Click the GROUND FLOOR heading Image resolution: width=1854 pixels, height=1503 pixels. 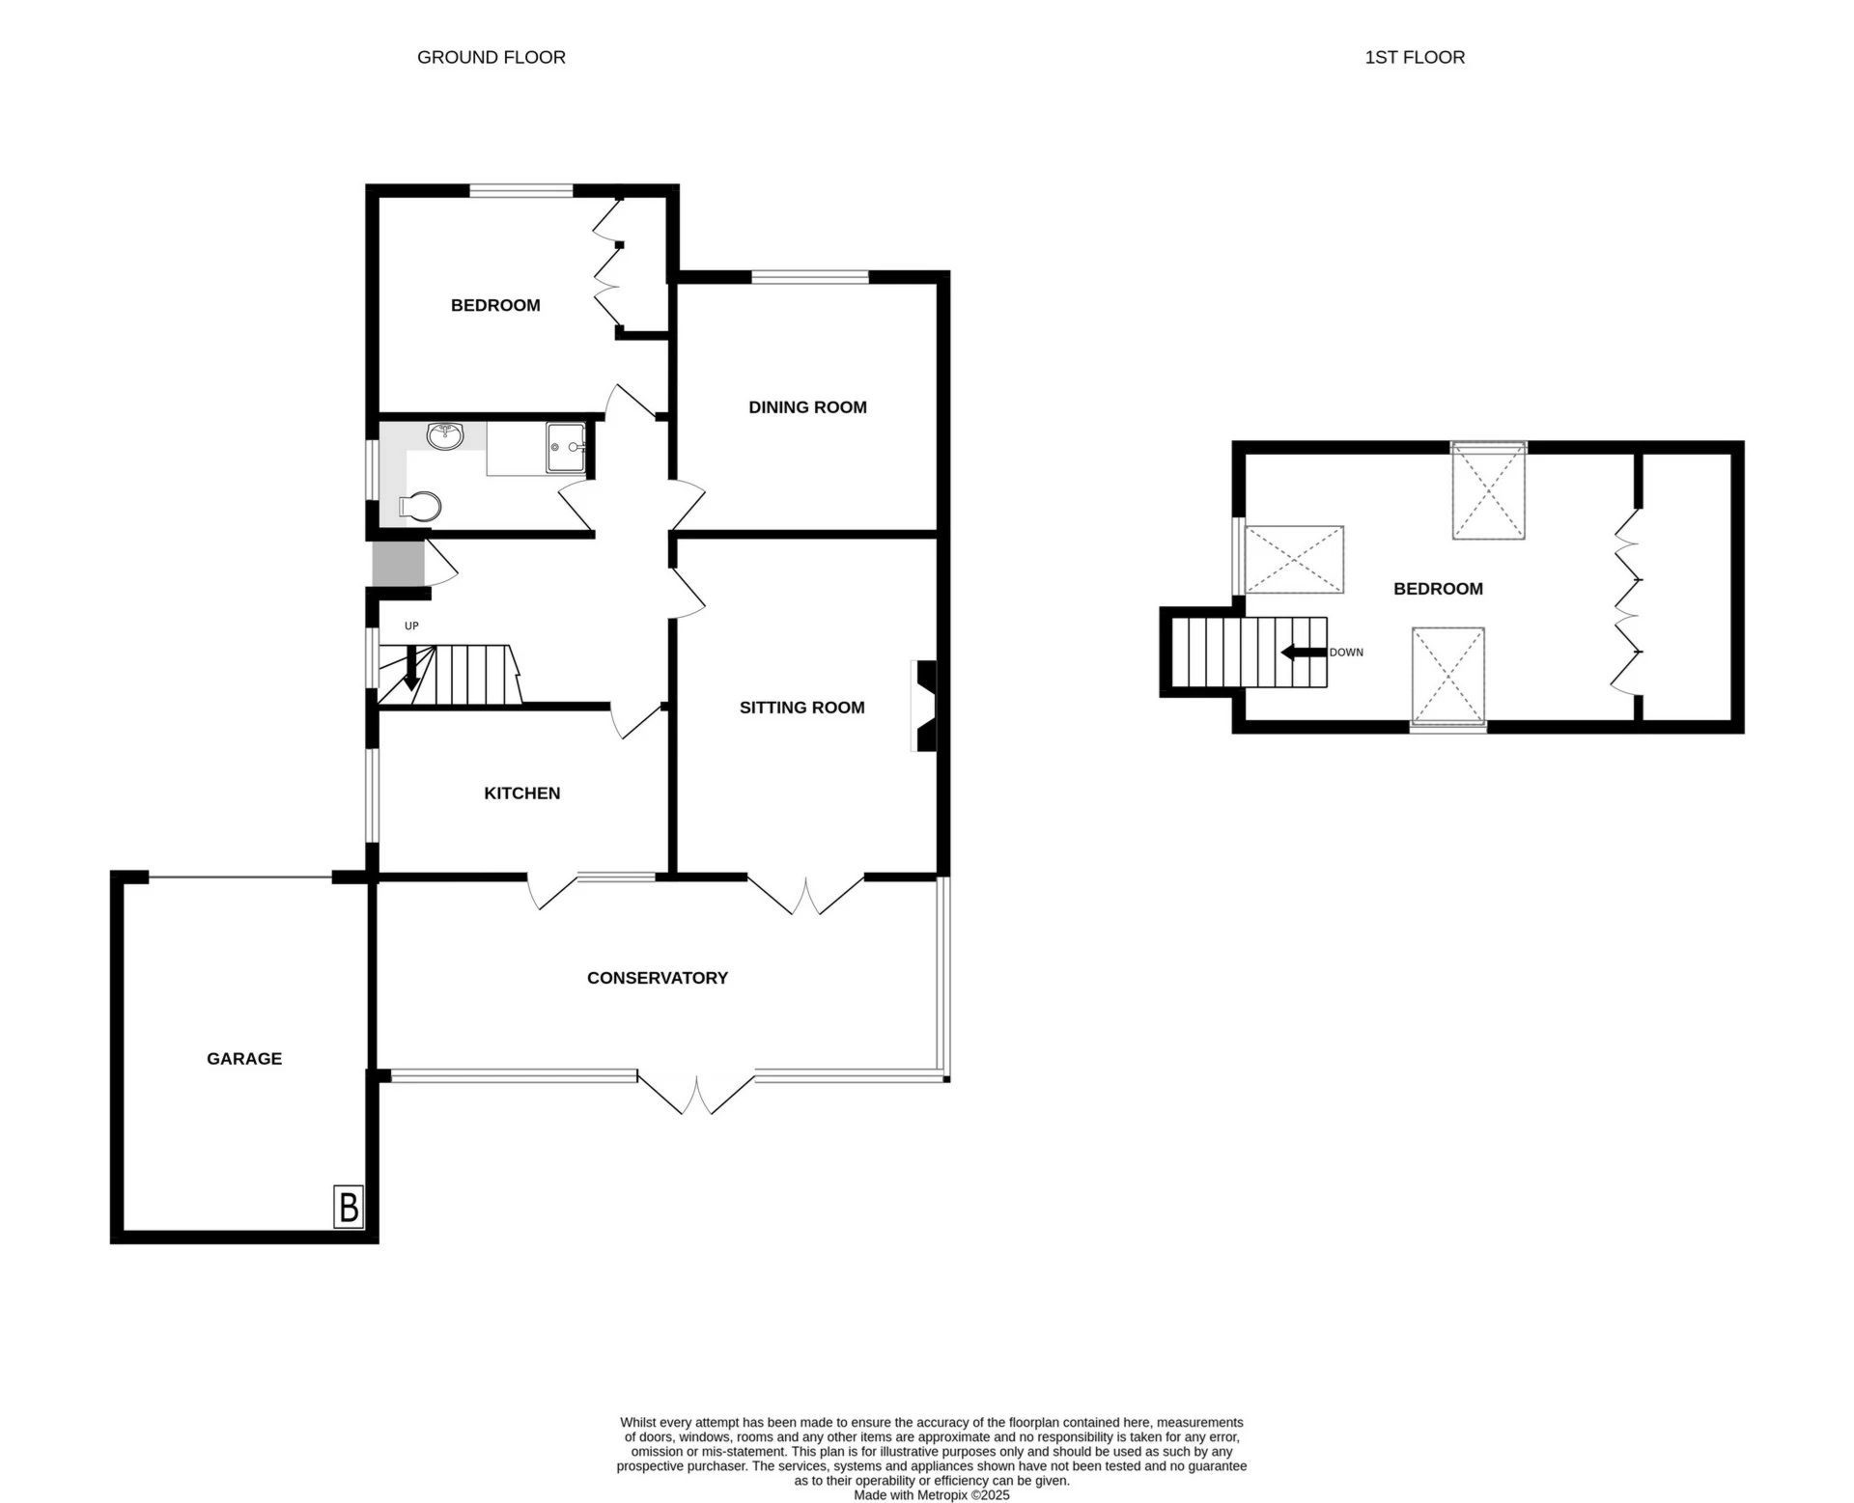pos(491,58)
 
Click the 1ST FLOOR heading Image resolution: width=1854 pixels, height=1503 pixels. pos(1414,58)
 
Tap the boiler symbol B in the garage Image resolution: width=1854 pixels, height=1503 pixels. pos(349,1207)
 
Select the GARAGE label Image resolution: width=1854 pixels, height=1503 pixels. pos(244,1059)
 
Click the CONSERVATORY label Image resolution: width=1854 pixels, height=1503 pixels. pos(657,978)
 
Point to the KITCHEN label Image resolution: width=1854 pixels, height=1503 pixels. pos(521,793)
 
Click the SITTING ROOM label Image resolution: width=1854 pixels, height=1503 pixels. pos(801,708)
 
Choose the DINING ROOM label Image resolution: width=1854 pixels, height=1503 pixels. pos(807,407)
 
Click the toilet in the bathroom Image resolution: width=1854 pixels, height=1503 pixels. pos(421,506)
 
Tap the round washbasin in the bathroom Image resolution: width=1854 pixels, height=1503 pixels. pos(445,435)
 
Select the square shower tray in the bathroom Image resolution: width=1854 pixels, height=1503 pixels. pos(566,447)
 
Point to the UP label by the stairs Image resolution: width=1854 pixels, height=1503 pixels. pos(411,626)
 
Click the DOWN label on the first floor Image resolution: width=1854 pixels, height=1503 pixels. pos(1346,653)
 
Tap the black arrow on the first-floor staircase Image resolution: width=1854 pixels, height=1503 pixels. pos(1303,653)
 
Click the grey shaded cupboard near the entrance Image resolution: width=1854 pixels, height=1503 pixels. pos(398,564)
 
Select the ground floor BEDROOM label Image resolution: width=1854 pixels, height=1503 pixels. pos(495,306)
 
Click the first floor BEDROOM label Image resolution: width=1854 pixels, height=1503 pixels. pos(1438,589)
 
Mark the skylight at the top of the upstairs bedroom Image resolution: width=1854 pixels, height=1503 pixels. pos(1488,489)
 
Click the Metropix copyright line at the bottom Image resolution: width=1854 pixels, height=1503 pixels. pos(931,1495)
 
